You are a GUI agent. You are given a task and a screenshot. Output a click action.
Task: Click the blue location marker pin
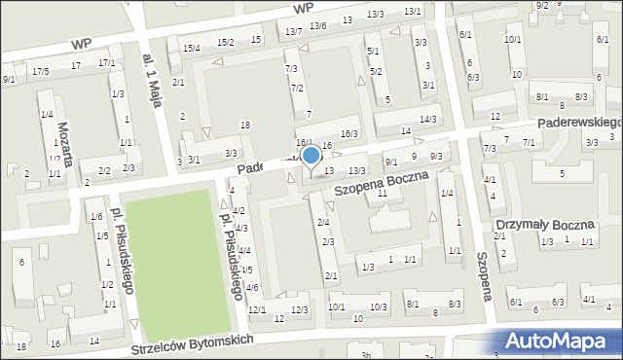click(311, 156)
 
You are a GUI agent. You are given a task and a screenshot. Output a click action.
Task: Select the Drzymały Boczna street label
click(544, 225)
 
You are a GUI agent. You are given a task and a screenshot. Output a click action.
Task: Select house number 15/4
click(191, 48)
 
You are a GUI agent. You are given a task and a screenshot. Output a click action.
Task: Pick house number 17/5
click(40, 71)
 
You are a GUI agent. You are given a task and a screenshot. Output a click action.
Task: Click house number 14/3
click(426, 119)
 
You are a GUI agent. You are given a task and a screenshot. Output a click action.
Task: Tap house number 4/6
click(251, 287)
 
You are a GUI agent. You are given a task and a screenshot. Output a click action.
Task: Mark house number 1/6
click(96, 216)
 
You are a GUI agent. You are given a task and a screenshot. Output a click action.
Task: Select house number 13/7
click(294, 32)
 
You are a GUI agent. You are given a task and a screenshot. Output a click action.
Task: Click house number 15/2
click(226, 42)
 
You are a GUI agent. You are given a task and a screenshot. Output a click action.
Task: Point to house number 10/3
click(378, 306)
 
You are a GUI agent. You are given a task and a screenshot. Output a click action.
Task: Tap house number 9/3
click(436, 157)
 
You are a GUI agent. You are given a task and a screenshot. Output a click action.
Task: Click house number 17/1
click(107, 62)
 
